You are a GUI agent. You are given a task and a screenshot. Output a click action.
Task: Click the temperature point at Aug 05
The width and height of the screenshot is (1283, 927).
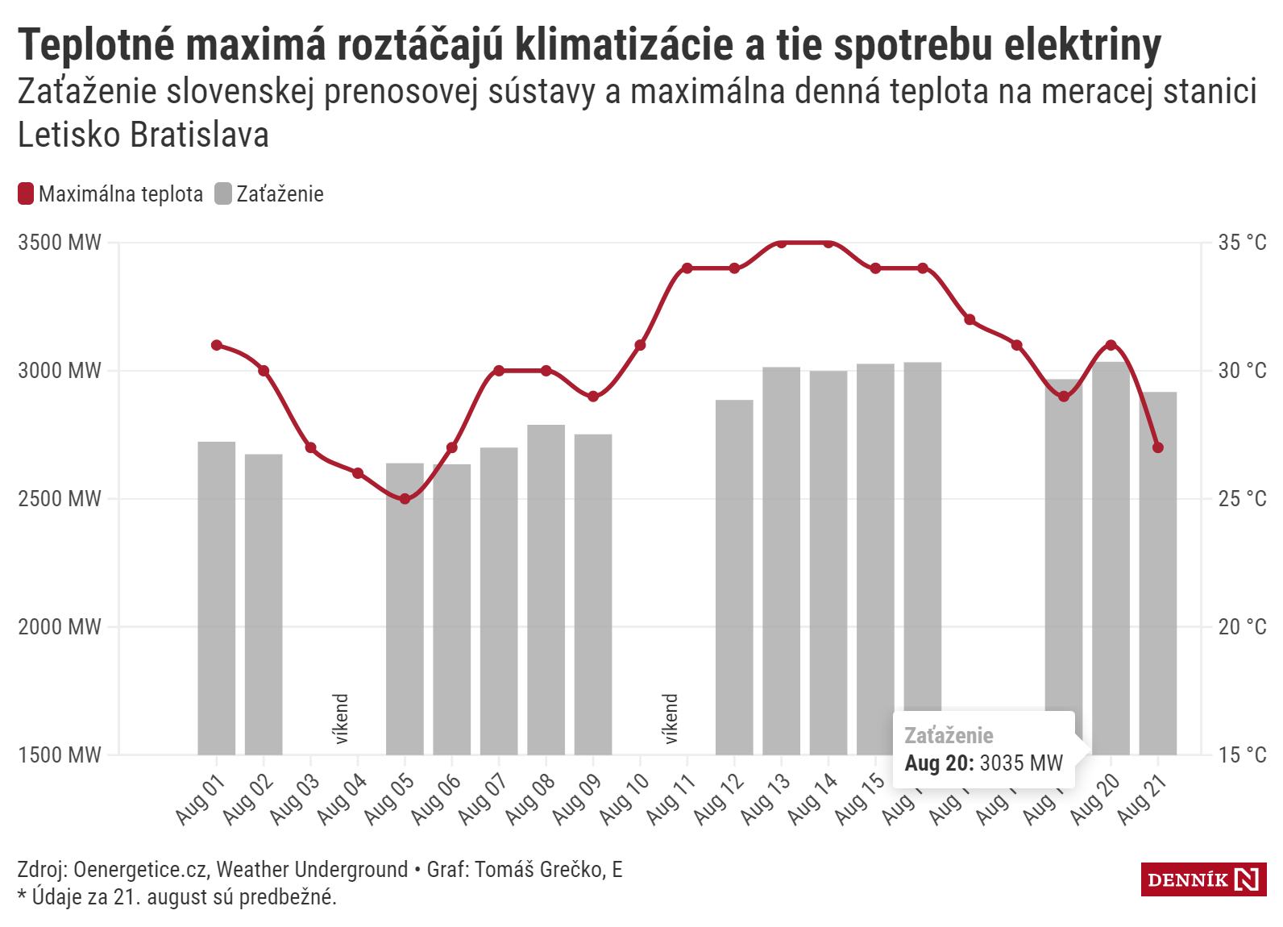pyautogui.click(x=405, y=499)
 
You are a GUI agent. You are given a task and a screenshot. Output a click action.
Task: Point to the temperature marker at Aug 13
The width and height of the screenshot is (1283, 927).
pyautogui.click(x=781, y=243)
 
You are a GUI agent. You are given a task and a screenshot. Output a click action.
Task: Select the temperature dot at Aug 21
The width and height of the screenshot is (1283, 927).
pyautogui.click(x=1158, y=447)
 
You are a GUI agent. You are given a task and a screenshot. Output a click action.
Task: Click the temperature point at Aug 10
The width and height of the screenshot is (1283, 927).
pyautogui.click(x=640, y=345)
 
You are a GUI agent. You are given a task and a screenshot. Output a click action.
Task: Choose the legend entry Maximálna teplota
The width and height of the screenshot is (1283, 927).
pyautogui.click(x=110, y=194)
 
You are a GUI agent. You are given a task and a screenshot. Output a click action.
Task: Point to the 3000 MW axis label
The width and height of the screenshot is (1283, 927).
pyautogui.click(x=60, y=371)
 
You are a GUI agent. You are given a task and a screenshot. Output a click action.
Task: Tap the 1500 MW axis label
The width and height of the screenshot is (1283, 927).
pyautogui.click(x=60, y=755)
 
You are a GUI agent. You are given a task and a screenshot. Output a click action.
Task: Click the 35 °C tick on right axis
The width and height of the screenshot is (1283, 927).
pyautogui.click(x=1242, y=243)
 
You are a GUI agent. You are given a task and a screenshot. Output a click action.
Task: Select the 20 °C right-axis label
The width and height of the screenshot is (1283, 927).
pyautogui.click(x=1242, y=627)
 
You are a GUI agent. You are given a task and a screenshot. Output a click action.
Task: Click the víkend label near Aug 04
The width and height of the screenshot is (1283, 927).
pyautogui.click(x=341, y=718)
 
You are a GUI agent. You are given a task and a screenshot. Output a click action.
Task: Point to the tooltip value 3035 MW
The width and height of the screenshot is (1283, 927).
pyautogui.click(x=1021, y=763)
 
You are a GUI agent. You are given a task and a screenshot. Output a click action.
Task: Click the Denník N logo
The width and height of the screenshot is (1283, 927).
pyautogui.click(x=1203, y=879)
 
